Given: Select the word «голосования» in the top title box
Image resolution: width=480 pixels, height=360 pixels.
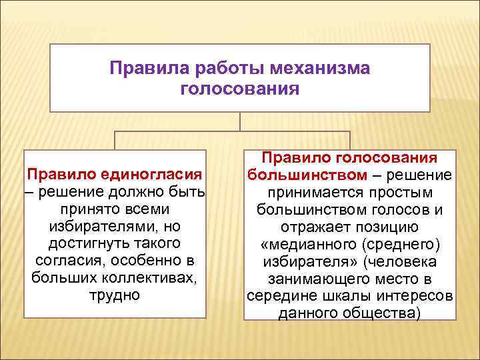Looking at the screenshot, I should pyautogui.click(x=239, y=88).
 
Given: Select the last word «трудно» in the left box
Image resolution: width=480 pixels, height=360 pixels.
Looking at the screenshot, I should pyautogui.click(x=115, y=295).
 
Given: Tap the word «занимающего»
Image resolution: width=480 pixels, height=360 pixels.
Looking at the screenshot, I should pyautogui.click(x=316, y=278).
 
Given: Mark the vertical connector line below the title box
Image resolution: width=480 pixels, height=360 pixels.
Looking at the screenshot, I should pyautogui.click(x=240, y=121).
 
